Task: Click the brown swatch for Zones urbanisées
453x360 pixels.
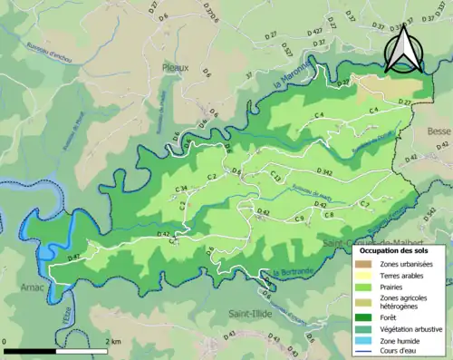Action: tap(368, 263)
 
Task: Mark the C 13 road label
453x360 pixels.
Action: tap(275, 178)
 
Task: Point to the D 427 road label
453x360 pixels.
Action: tap(314, 31)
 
